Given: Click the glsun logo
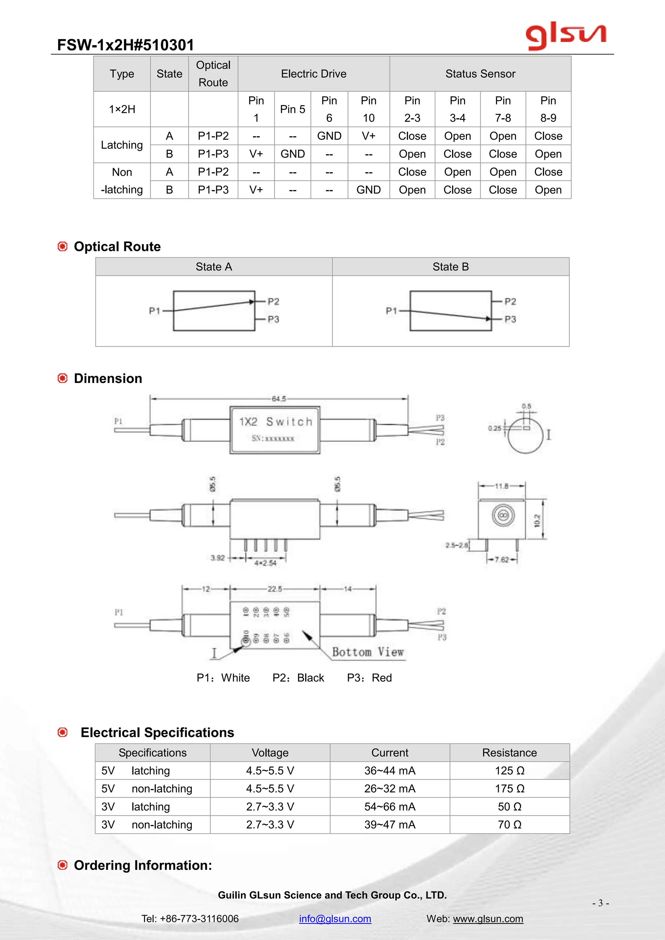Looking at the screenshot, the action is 566,36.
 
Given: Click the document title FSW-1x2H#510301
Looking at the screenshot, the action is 125,45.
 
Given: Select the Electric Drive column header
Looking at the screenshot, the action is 313,74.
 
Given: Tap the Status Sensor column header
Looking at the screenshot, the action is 480,74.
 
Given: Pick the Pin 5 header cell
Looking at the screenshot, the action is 292,109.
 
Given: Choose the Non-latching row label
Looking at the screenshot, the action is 122,180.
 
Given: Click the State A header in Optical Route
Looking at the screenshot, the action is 214,267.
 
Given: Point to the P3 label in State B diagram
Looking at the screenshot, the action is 510,319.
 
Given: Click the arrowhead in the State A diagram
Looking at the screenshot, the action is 251,302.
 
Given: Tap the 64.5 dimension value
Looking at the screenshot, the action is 279,399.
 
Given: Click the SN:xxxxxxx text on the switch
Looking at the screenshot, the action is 273,439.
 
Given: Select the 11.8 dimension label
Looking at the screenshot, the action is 502,486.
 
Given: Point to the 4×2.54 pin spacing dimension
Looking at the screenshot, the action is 265,563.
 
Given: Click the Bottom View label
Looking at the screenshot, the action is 368,652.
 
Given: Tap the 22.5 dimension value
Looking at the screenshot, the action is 275,589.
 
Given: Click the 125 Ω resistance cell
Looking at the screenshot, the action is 509,771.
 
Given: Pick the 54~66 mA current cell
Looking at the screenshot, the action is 390,807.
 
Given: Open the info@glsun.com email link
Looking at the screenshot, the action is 335,919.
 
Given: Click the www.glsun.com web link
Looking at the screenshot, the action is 488,919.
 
